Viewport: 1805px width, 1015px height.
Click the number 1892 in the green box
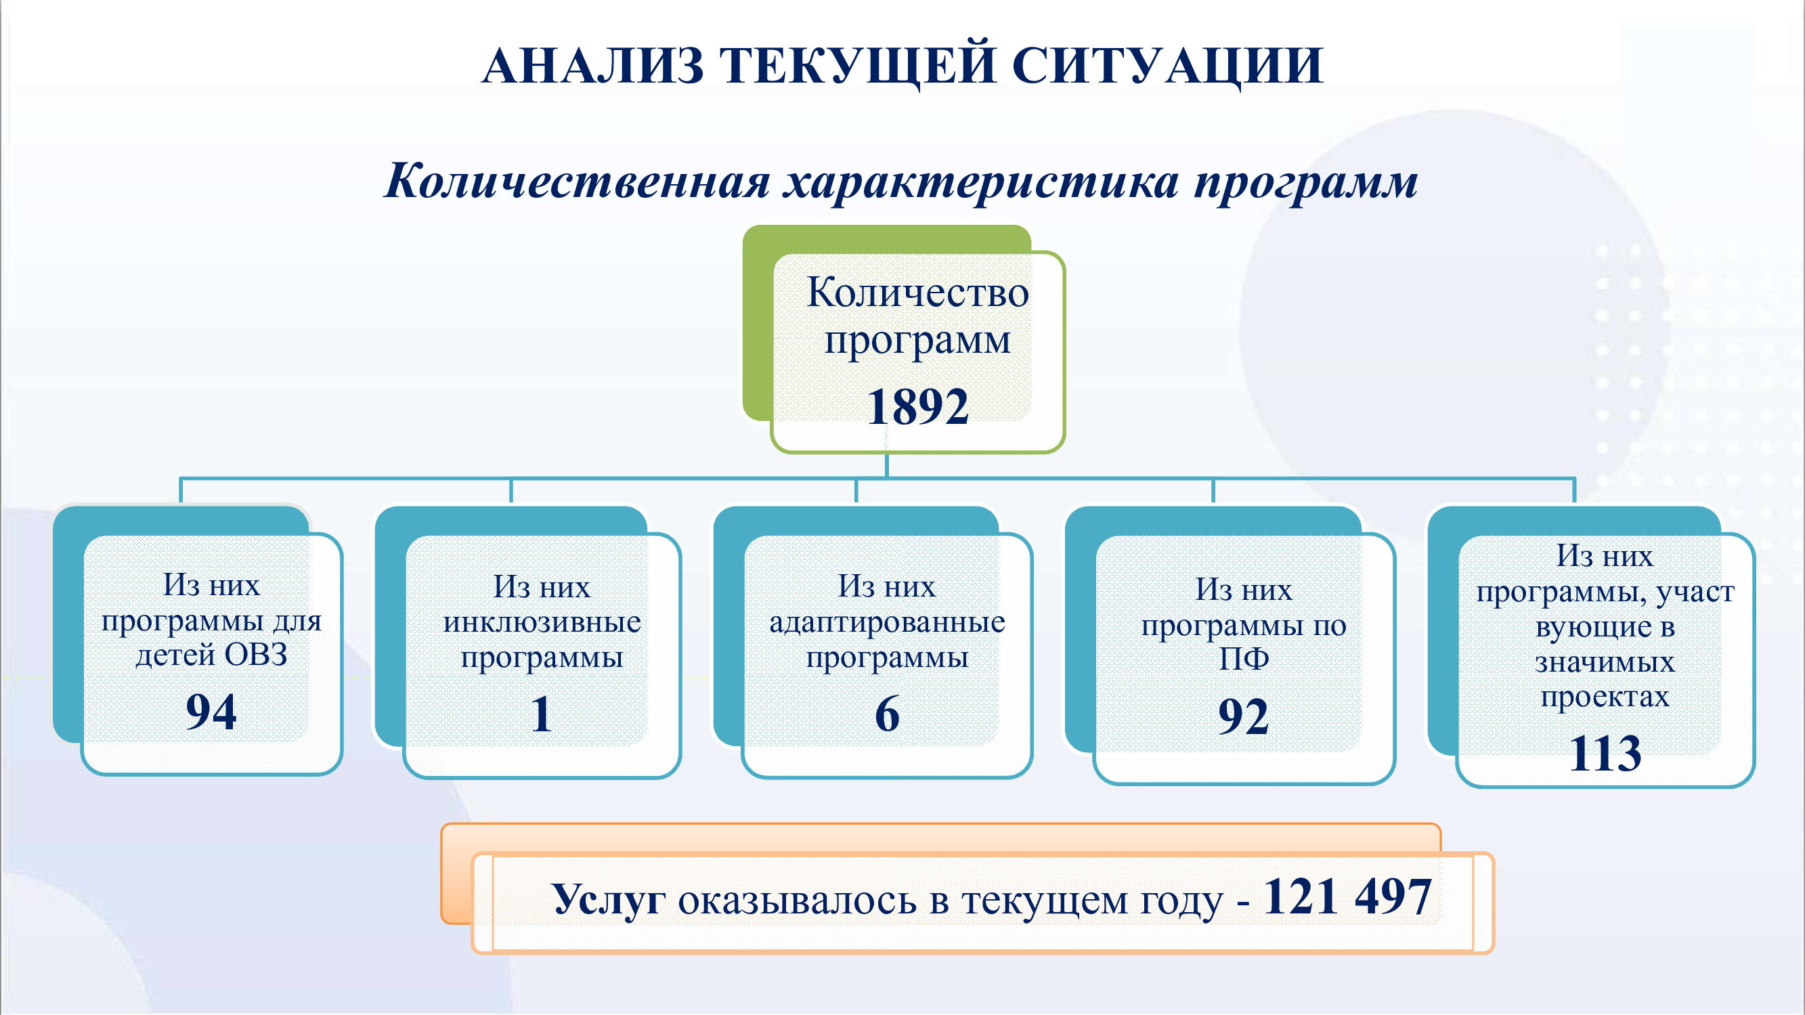tap(917, 406)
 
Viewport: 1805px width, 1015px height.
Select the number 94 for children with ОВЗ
tap(211, 712)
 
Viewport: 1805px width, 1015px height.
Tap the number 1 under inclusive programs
tap(541, 714)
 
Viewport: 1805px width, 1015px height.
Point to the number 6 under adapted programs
tap(887, 714)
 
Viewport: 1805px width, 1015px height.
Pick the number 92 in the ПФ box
tap(1243, 716)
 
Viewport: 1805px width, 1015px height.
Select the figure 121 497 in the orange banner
tap(1347, 897)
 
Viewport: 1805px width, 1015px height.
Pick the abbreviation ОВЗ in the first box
tap(256, 655)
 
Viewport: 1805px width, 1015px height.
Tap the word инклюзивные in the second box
tap(542, 622)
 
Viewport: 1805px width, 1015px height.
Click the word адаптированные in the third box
tap(887, 622)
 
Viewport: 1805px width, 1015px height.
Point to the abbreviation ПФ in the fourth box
tap(1244, 658)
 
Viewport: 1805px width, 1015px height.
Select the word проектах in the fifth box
tap(1605, 697)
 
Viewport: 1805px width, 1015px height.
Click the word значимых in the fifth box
tap(1605, 662)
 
